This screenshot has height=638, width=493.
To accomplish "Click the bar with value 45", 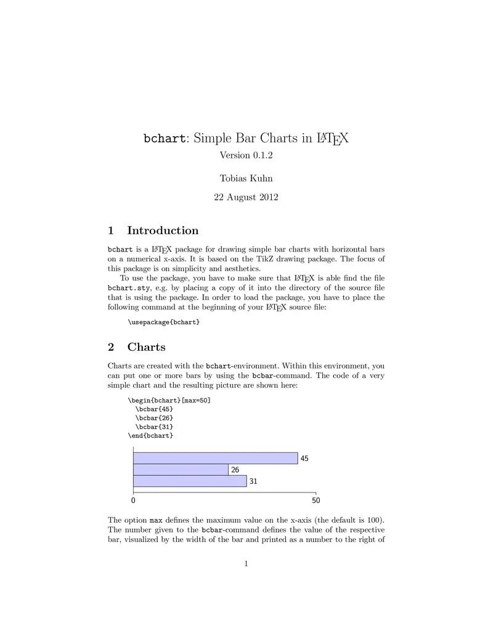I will [x=215, y=458].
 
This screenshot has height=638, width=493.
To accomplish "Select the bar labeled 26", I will [x=181, y=470].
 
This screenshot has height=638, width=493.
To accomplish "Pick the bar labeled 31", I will [x=190, y=481].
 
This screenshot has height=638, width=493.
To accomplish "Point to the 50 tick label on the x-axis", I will [x=316, y=502].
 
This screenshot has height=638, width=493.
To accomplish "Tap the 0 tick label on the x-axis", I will [x=133, y=502].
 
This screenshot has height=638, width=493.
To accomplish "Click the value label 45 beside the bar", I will [x=304, y=459].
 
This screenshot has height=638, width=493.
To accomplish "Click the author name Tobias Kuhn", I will [x=246, y=178].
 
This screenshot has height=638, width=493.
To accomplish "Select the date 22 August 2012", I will [x=246, y=197].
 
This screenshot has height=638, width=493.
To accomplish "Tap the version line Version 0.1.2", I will [x=246, y=155].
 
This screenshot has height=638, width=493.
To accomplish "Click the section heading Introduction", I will [x=162, y=231].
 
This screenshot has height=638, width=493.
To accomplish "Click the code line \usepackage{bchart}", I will [x=164, y=322].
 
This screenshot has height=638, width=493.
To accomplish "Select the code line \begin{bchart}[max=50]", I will [x=169, y=399].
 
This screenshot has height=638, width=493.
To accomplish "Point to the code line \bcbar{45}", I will [x=154, y=409].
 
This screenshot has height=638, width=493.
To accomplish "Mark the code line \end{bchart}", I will [x=150, y=435].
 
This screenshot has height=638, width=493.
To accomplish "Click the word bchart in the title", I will [x=163, y=138].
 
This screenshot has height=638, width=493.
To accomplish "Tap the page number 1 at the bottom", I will [x=246, y=563].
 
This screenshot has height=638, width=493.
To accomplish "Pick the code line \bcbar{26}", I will [x=154, y=417].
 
